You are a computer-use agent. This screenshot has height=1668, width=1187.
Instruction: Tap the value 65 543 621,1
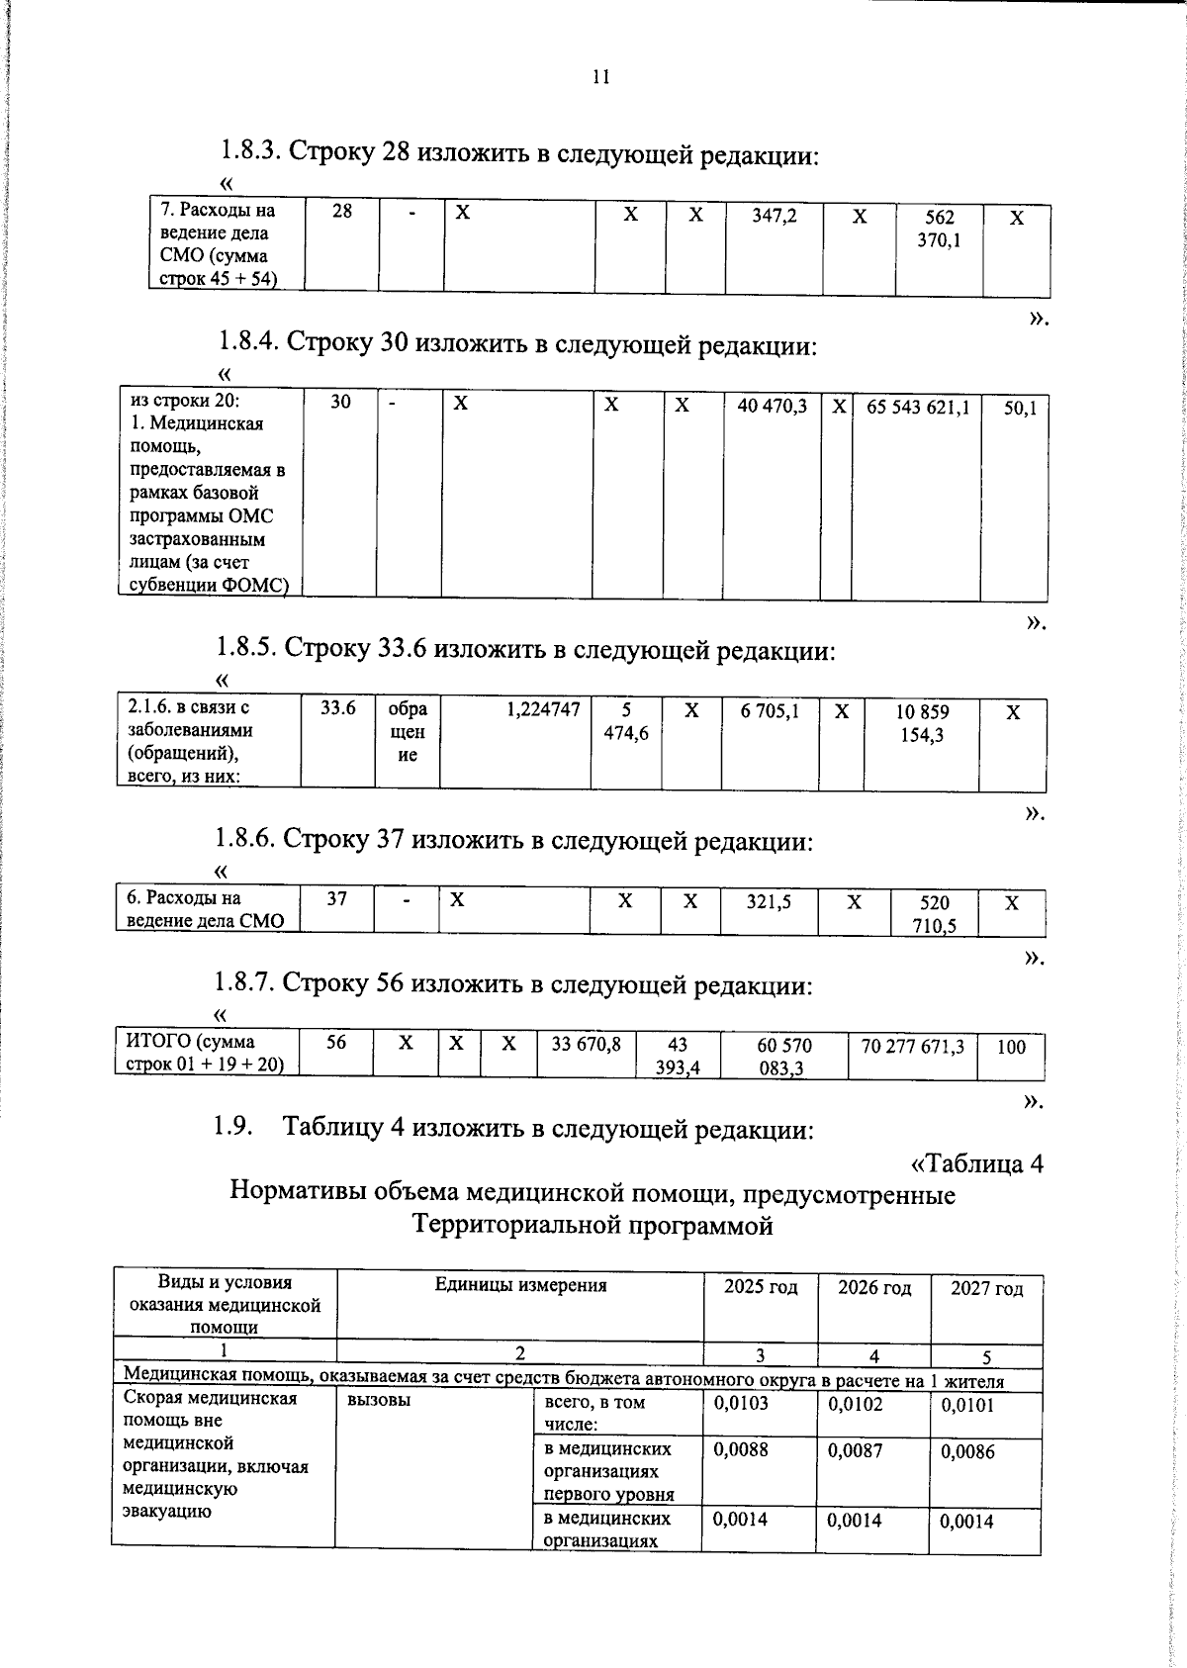(918, 407)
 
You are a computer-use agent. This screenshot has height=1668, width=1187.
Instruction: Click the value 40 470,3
(772, 406)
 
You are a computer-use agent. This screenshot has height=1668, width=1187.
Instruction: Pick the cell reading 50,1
(1019, 408)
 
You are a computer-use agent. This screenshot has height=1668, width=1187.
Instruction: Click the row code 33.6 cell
(338, 708)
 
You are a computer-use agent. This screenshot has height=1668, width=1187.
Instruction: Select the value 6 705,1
(770, 710)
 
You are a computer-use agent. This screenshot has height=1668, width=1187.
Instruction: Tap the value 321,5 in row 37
(769, 901)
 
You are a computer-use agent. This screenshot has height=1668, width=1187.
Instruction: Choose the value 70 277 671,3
(912, 1045)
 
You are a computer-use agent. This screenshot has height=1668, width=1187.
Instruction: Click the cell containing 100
(1011, 1047)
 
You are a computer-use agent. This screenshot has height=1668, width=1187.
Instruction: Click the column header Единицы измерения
(520, 1285)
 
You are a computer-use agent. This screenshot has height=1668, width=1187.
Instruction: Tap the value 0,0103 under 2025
(741, 1403)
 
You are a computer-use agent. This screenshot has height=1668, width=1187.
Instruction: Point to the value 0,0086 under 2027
(967, 1452)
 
